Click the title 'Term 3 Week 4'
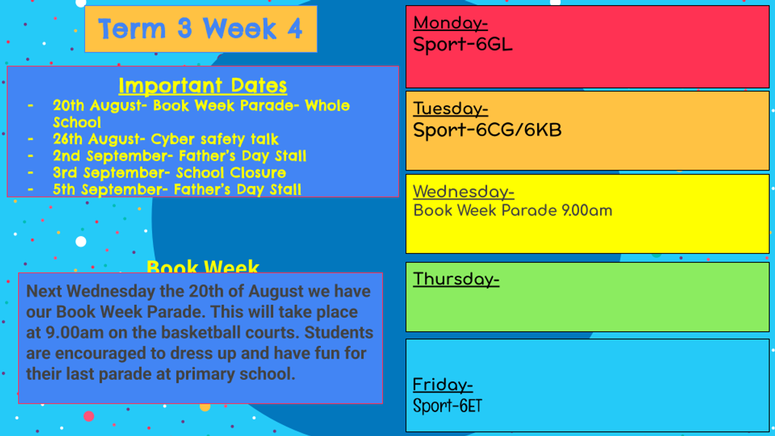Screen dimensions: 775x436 pos(201,28)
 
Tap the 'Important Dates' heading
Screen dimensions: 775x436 pos(203,85)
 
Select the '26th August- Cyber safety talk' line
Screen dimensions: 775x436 pos(166,139)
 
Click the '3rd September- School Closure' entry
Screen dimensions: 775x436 pos(169,172)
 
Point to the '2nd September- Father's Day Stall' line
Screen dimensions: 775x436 pos(180,156)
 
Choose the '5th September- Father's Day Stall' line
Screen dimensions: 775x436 pos(177,190)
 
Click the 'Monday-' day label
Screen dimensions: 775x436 pos(451,23)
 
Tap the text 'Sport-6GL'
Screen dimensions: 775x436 pos(462,45)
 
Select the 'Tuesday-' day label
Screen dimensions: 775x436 pos(451,109)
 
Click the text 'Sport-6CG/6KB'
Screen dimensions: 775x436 pos(487,130)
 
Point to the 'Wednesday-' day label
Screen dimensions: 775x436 pos(464,192)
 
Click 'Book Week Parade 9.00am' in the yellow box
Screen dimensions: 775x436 pos(513,211)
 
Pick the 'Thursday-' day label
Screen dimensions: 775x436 pos(457,280)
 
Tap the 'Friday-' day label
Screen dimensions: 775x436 pos(443,385)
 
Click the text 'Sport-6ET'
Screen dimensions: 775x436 pos(448,406)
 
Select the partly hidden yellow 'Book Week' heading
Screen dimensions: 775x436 pos(203,266)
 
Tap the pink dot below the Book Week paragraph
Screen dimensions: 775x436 pos(89,416)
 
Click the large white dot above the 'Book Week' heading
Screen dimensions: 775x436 pos(81,242)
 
